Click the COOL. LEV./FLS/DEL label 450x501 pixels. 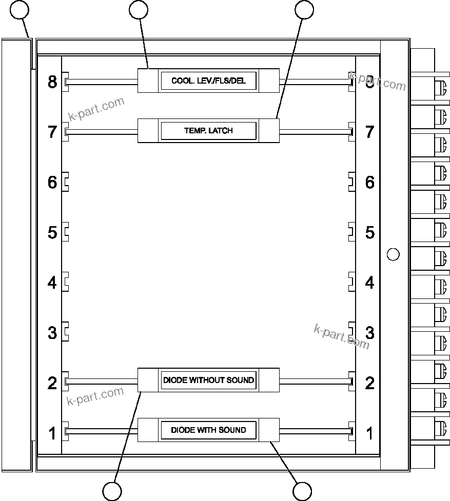[x=208, y=81]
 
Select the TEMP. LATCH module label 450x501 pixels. [x=208, y=131]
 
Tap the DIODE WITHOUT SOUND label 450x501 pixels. [x=208, y=380]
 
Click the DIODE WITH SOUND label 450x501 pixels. [x=208, y=430]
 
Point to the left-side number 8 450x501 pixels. [x=52, y=82]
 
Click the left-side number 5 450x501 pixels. [x=52, y=232]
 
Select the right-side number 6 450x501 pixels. [x=370, y=182]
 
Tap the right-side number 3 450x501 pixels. [x=370, y=332]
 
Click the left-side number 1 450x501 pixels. [x=52, y=433]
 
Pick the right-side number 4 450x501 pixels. [x=370, y=283]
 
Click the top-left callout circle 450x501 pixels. [x=19, y=9]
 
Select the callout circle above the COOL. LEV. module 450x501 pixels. [x=139, y=9]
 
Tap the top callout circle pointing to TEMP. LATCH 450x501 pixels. [x=304, y=9]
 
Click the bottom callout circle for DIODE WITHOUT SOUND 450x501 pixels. [x=112, y=491]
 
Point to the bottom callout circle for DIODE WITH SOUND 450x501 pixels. [x=302, y=491]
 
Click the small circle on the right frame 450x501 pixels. [x=393, y=254]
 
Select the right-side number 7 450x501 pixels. [x=370, y=132]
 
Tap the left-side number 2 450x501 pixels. [x=52, y=383]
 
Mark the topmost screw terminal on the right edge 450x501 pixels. [x=440, y=86]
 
